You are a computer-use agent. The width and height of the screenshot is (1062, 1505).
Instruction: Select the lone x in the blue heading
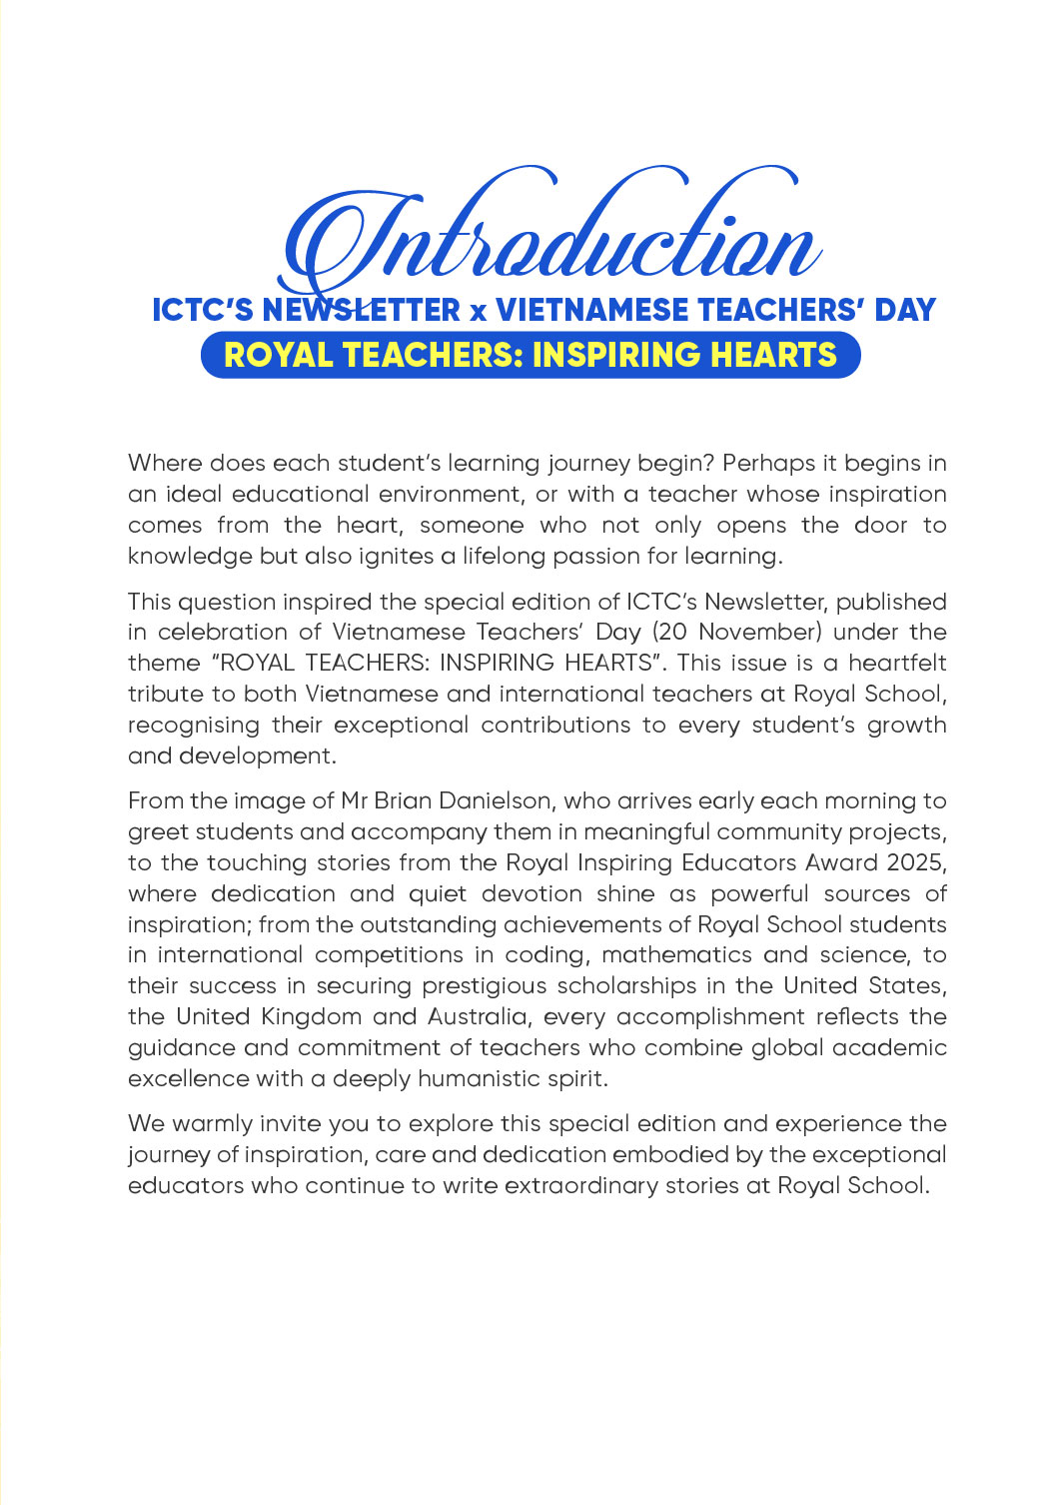tap(478, 312)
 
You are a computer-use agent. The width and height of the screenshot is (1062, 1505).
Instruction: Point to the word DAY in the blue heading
tap(905, 310)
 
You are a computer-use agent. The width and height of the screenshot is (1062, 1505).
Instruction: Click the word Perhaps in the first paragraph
tap(758, 464)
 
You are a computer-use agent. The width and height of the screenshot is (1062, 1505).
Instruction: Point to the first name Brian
tap(404, 801)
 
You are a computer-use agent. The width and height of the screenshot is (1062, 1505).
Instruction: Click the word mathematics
tap(677, 955)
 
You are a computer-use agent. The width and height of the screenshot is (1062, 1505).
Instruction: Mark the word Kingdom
tap(312, 1017)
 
